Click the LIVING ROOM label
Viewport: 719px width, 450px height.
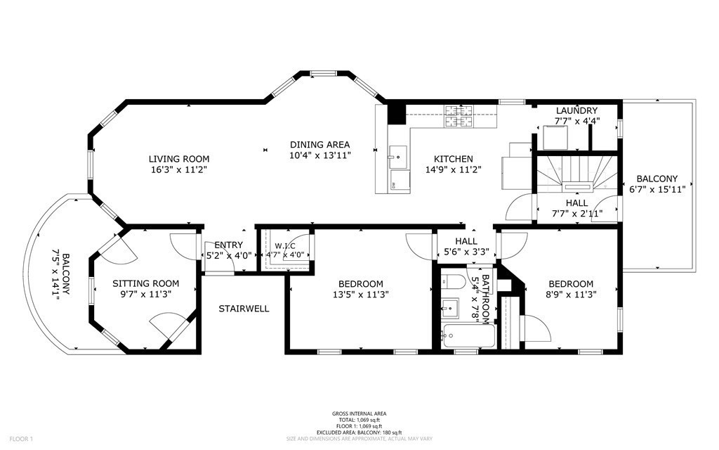tap(178, 159)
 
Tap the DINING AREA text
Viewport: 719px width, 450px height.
tap(319, 145)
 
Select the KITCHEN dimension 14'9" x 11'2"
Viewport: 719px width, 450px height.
tap(452, 169)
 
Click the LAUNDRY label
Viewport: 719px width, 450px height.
tap(576, 111)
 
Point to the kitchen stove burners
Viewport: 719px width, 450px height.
tap(461, 115)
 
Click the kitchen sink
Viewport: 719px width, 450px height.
tap(398, 153)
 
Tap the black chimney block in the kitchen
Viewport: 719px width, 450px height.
tap(397, 114)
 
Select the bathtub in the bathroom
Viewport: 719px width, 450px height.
tap(469, 335)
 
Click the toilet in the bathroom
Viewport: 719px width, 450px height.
tap(451, 283)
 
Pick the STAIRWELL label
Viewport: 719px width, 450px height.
tap(244, 309)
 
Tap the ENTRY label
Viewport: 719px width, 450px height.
tap(223, 245)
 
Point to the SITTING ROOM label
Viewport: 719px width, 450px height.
tap(142, 283)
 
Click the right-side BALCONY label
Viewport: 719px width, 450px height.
tap(657, 179)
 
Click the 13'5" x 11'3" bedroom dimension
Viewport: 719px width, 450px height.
tap(359, 294)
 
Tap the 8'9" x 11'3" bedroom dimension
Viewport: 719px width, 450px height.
tap(570, 294)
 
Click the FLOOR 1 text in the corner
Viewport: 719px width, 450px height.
tap(20, 439)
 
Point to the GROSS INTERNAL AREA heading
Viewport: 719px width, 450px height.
tap(359, 413)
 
